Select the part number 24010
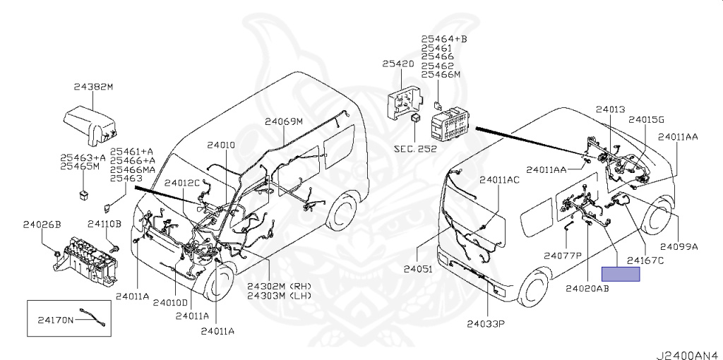point(221,145)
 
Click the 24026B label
point(42,224)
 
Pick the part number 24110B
point(104,224)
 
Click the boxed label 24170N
point(56,320)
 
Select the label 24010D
point(171,303)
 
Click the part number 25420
point(398,64)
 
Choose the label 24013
point(610,110)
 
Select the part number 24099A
point(679,246)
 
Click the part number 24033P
point(487,324)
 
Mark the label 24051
point(417,269)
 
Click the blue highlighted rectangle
point(621,275)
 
